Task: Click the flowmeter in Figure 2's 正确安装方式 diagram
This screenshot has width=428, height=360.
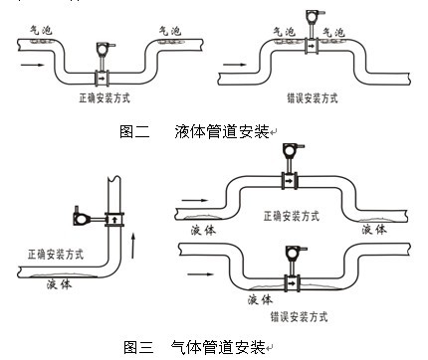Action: click(x=102, y=62)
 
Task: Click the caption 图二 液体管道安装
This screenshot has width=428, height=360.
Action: click(x=195, y=131)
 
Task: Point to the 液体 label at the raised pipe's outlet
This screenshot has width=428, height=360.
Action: click(x=373, y=229)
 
